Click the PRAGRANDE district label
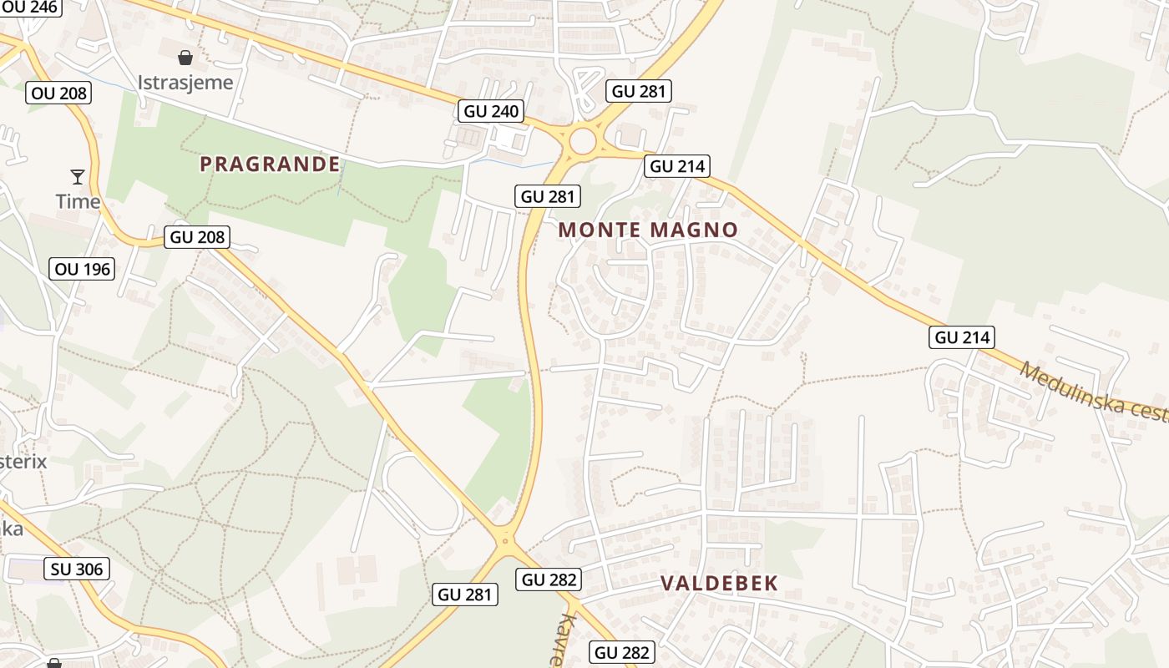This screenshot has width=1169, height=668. coord(270,164)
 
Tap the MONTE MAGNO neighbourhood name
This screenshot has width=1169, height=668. coord(648,230)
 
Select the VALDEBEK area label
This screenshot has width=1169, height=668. coord(719,583)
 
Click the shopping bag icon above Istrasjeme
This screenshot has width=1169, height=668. coord(185,58)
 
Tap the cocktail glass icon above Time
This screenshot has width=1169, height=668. coord(78,176)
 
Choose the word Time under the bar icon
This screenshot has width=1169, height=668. coord(78,201)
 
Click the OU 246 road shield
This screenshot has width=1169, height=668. coord(30,8)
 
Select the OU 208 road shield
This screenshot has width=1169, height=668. coord(58,93)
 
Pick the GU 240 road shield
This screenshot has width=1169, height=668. coord(491,111)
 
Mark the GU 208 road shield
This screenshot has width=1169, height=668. coord(197,237)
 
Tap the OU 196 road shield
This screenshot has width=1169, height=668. coord(82,269)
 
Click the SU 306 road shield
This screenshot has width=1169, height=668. coord(77,569)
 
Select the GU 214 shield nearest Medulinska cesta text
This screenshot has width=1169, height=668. coord(962,337)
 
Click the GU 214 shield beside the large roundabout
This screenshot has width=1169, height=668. coord(677,166)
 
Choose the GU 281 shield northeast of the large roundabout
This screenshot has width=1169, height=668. coord(640,91)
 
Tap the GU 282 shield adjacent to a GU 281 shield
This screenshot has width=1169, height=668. coord(548,579)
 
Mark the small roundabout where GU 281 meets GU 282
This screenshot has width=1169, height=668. coord(504,542)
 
